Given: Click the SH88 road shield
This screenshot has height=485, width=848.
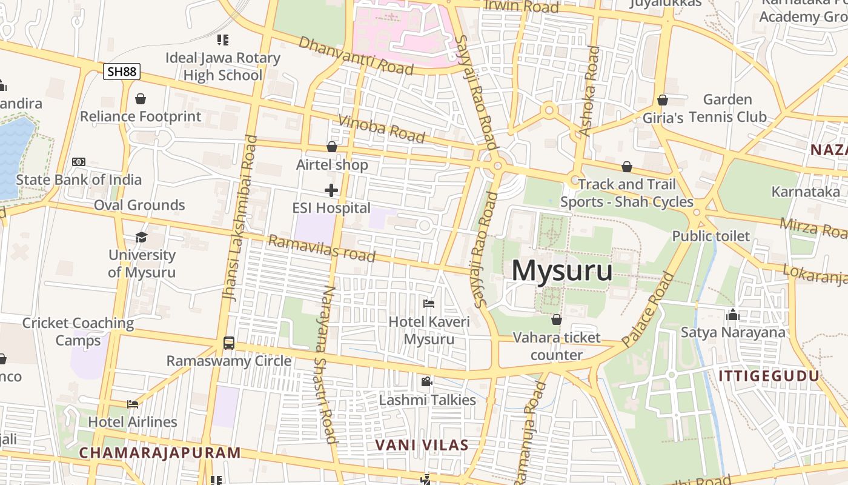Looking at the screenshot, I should (x=121, y=72).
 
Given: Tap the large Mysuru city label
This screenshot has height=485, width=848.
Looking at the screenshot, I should (x=562, y=270).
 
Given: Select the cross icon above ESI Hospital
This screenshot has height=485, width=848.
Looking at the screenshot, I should (x=331, y=190).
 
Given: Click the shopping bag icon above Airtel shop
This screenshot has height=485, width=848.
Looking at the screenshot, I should (x=331, y=147).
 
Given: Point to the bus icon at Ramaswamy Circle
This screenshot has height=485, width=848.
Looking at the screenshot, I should (x=229, y=343).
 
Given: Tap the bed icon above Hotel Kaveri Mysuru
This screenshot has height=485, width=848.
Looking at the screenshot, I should (x=429, y=303).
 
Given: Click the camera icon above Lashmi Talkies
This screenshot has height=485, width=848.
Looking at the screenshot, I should (x=427, y=381).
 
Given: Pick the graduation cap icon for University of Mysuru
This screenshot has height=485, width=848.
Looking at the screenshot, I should (x=141, y=237).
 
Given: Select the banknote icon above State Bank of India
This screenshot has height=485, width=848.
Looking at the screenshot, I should (x=79, y=162).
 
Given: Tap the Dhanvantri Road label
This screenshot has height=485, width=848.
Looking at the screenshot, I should (x=356, y=56).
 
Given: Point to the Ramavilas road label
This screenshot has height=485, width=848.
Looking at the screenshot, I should (x=322, y=249).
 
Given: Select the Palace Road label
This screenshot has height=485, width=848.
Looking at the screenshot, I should (x=648, y=309).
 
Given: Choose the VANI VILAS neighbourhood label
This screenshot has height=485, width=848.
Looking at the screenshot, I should (x=422, y=445).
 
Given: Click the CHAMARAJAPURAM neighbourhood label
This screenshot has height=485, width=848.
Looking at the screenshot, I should (x=160, y=453).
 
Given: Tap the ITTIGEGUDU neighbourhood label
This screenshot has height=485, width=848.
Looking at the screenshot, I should (x=769, y=376).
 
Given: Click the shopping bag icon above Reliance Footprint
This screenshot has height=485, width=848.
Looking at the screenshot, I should (x=141, y=99).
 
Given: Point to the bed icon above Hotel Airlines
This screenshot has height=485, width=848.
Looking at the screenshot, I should (x=133, y=404).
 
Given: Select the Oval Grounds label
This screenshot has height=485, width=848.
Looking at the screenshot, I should (x=139, y=205).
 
